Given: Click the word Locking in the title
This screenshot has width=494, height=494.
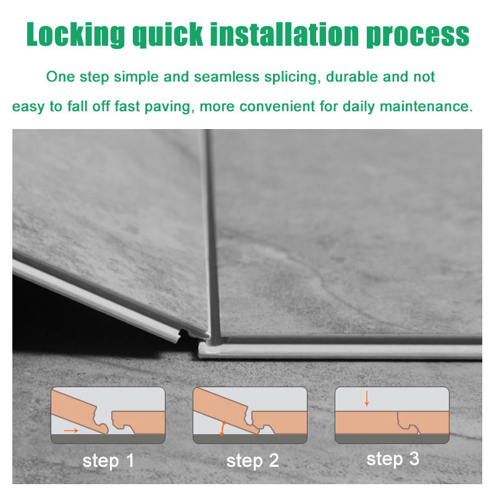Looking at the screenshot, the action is (x=75, y=35).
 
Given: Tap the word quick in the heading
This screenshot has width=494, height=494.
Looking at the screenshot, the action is (x=167, y=35).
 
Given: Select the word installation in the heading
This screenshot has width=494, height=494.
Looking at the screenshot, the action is (x=285, y=34).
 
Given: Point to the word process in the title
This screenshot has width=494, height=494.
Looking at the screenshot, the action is (x=418, y=35).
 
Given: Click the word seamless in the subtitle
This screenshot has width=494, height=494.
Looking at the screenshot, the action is (x=227, y=77).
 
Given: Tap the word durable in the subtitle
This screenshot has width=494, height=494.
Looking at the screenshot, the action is (x=351, y=77).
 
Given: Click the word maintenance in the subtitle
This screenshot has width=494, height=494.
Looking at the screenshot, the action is (x=426, y=106).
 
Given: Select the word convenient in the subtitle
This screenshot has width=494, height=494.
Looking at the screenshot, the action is (x=277, y=106).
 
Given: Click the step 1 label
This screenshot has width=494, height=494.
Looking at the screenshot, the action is (x=108, y=461).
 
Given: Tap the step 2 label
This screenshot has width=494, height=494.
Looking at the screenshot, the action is (x=253, y=461).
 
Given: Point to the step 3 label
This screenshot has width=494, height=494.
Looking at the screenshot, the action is (x=393, y=459).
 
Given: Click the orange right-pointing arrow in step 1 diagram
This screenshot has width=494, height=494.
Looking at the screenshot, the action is (x=71, y=430).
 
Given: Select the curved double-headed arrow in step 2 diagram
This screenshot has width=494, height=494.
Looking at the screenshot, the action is (x=222, y=429).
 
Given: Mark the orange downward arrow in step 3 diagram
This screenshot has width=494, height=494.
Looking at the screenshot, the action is (x=366, y=398).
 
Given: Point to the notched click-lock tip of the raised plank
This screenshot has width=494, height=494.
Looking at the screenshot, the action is (x=183, y=335).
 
